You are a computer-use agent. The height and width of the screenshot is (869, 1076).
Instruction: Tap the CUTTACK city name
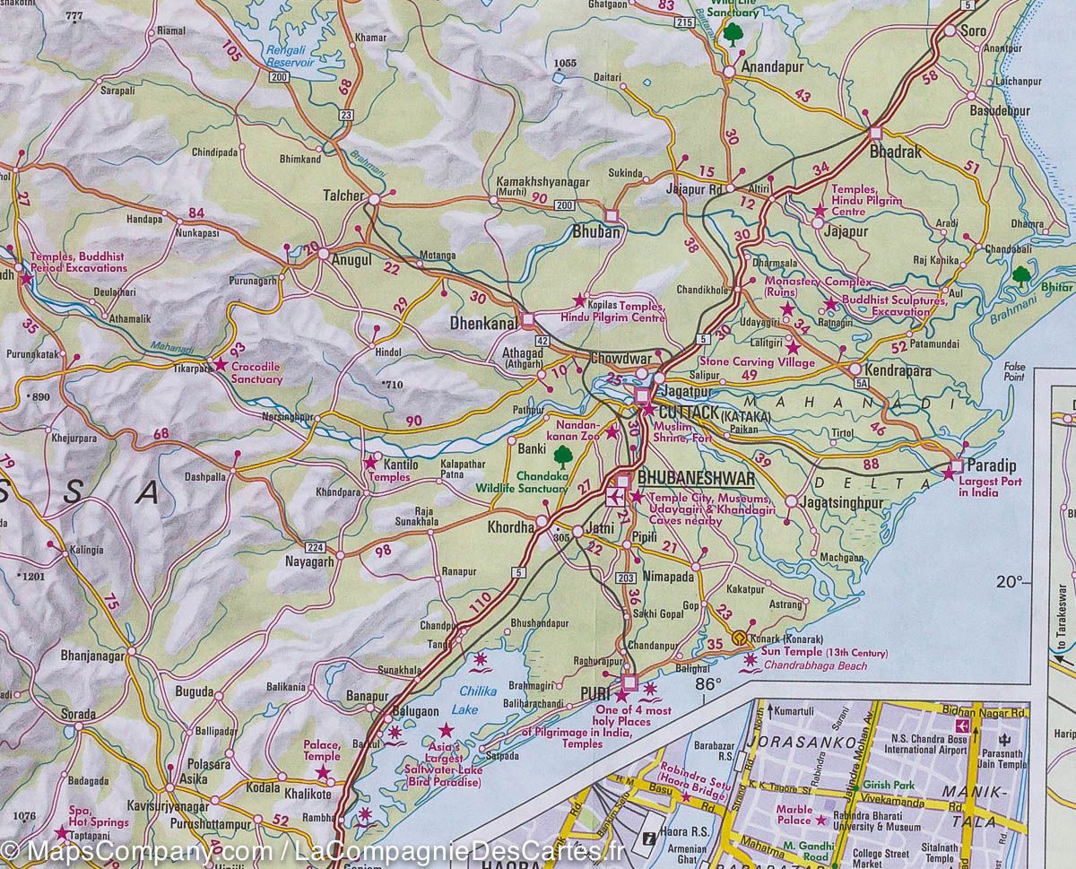point(688,413)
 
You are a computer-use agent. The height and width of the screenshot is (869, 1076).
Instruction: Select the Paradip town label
point(992,465)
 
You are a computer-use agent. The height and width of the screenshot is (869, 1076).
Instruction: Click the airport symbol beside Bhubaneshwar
point(619,496)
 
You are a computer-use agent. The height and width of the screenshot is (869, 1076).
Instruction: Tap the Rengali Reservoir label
point(290,57)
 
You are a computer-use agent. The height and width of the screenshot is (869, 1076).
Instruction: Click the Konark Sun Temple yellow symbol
point(738,638)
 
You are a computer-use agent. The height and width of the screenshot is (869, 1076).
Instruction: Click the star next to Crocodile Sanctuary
point(219,364)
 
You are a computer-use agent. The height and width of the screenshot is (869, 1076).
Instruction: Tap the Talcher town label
point(343,196)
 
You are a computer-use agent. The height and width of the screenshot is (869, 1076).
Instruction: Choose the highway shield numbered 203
point(627,578)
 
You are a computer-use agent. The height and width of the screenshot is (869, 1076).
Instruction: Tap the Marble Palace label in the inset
point(794,813)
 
